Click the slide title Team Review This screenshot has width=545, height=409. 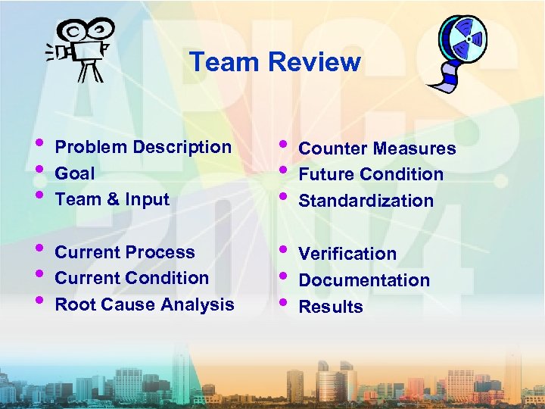click(x=275, y=61)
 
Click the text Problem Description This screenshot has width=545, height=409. click(x=143, y=147)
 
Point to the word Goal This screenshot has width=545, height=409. click(x=75, y=173)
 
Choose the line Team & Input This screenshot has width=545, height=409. click(x=112, y=200)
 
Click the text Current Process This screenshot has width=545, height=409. click(x=125, y=252)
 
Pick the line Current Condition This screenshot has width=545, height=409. click(x=132, y=278)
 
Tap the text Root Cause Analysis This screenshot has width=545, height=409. click(x=145, y=304)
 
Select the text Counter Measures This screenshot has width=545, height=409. click(x=377, y=148)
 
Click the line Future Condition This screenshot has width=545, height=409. click(x=371, y=174)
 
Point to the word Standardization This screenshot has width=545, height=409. click(x=366, y=201)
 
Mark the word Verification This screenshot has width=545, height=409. click(x=347, y=254)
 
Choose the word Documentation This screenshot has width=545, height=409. click(x=364, y=280)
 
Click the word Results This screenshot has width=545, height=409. click(x=331, y=307)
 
